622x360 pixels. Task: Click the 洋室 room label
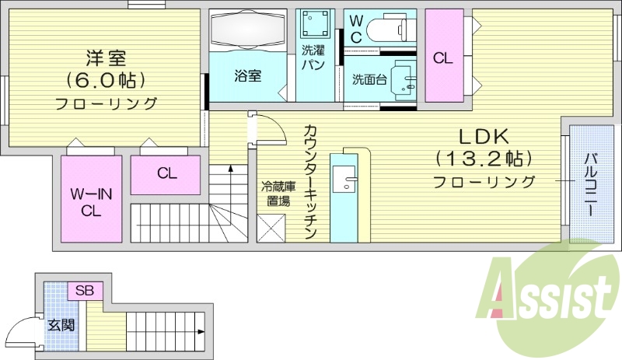tap(106, 58)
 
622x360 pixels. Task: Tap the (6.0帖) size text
tap(106, 80)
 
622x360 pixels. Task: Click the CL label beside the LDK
tap(443, 58)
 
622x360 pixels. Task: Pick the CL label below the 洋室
tap(167, 173)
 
